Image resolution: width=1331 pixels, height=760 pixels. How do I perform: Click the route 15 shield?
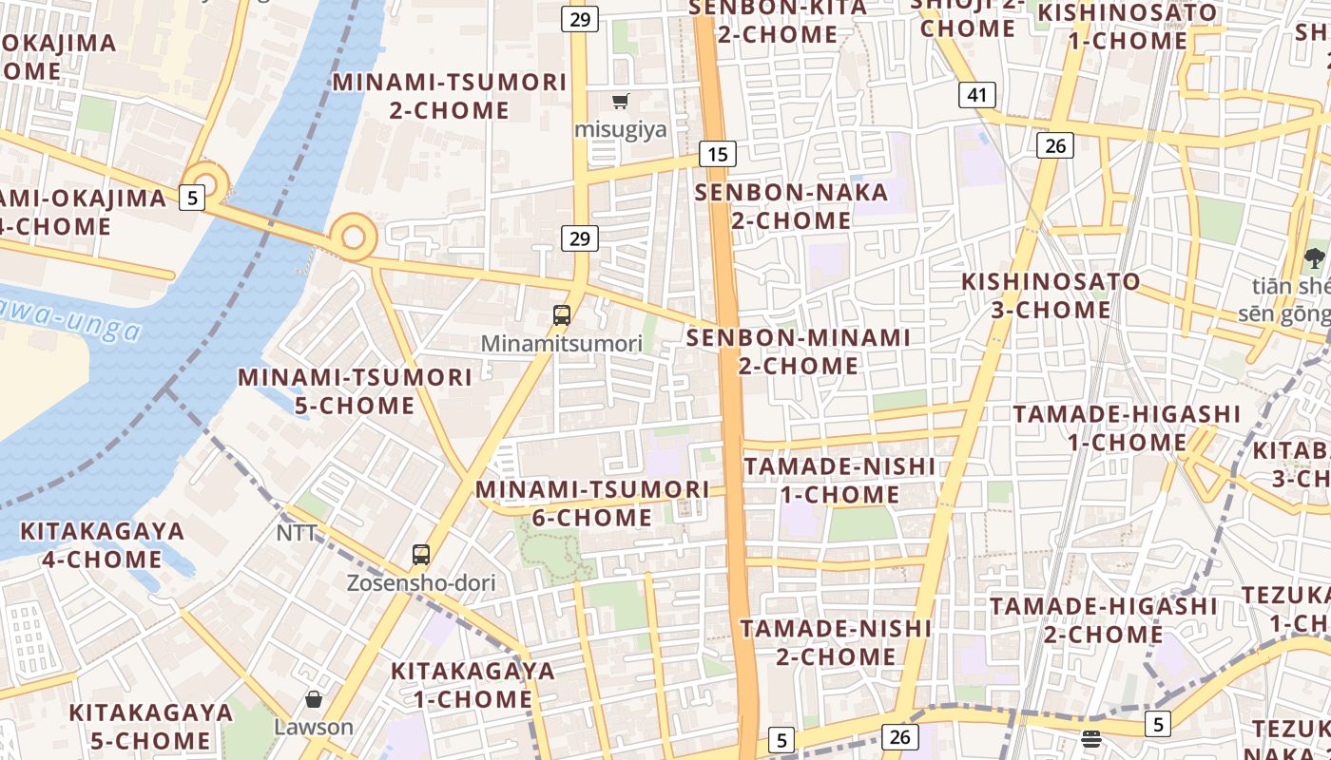(718, 154)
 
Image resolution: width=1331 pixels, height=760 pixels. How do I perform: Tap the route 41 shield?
(977, 95)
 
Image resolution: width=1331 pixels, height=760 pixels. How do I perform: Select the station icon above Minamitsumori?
(562, 315)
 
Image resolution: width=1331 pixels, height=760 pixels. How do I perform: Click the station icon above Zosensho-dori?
(421, 555)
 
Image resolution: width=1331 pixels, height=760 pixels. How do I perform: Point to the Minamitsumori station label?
(562, 344)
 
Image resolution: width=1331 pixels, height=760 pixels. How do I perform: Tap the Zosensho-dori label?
(421, 582)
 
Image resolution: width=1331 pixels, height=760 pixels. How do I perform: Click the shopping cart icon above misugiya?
(621, 101)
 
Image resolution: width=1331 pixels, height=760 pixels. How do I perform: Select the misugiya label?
(621, 128)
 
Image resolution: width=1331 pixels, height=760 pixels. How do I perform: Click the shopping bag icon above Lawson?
(314, 700)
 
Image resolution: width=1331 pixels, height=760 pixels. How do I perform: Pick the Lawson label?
(314, 728)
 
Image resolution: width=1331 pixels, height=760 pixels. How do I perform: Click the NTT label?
(297, 533)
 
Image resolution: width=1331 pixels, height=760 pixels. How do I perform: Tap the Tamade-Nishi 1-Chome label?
(839, 481)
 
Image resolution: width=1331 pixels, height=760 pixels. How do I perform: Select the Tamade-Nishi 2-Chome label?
(837, 642)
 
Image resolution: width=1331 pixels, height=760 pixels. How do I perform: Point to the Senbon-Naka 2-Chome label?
(791, 206)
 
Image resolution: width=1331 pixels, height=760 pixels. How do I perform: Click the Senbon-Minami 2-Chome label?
(799, 351)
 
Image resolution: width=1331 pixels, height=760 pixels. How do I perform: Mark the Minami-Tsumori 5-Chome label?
(355, 391)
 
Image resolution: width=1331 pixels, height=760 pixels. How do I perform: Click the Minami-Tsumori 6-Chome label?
(592, 503)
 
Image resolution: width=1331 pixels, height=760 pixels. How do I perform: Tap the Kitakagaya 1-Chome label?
(473, 685)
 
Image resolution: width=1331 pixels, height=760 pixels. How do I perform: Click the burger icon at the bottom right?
(1091, 738)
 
